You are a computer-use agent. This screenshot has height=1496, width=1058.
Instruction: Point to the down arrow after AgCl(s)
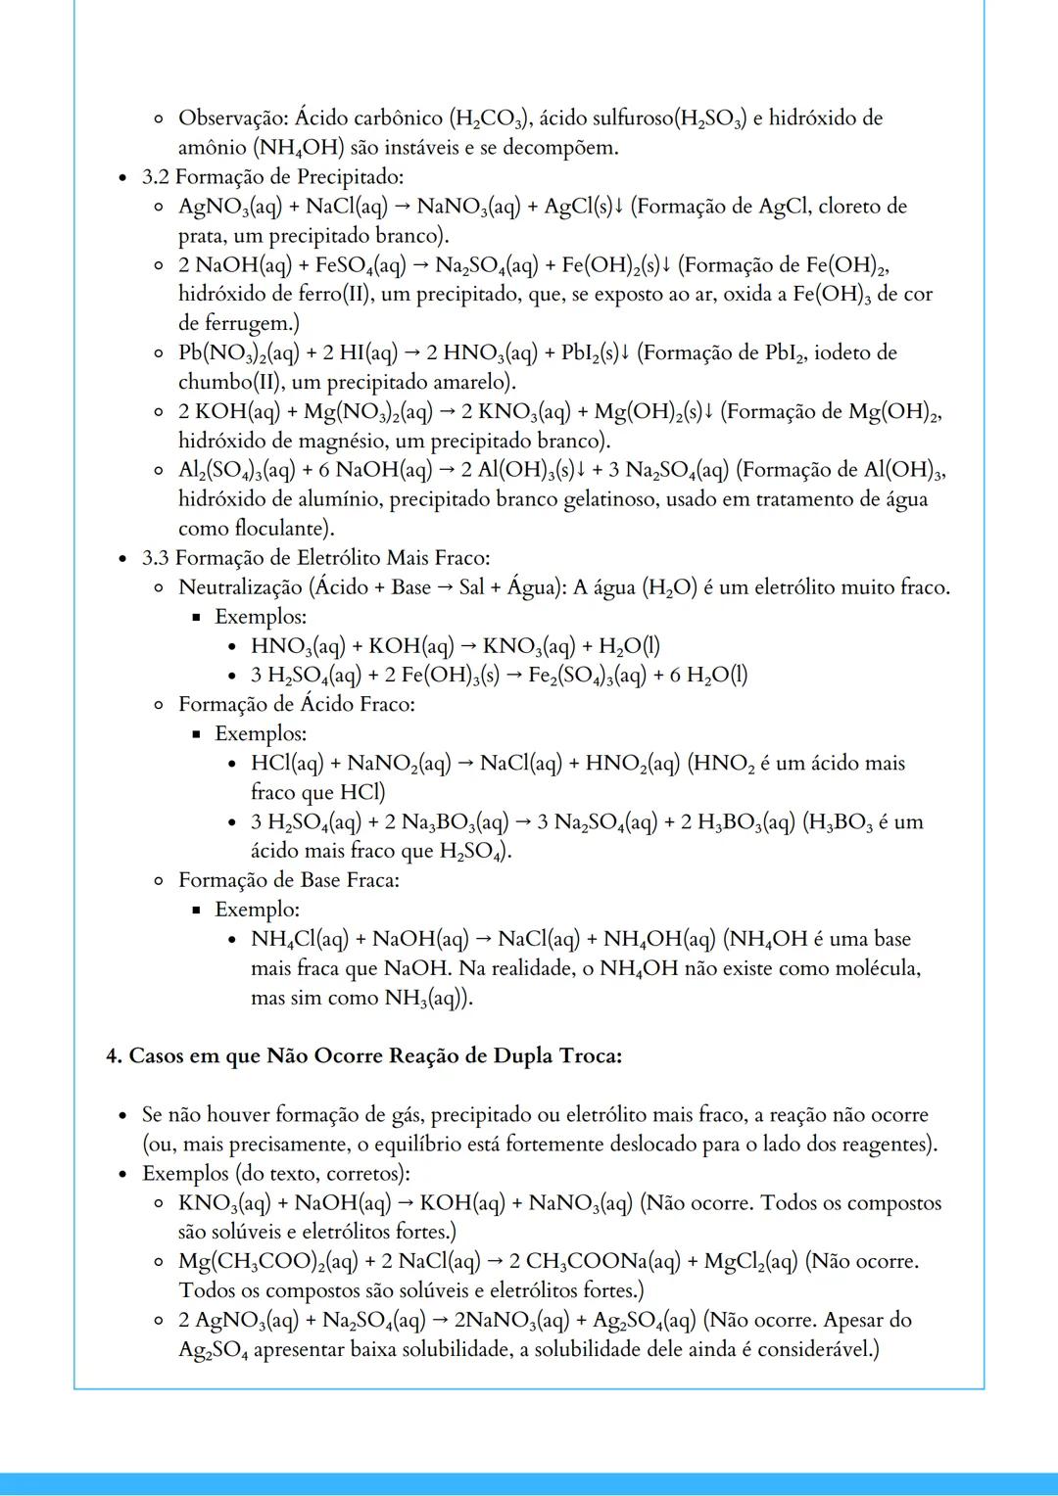[618, 207]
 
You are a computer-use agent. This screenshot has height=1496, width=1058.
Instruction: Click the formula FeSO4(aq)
[361, 265]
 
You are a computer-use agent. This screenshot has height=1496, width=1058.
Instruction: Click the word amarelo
[474, 382]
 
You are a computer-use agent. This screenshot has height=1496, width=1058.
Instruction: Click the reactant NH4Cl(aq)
[300, 940]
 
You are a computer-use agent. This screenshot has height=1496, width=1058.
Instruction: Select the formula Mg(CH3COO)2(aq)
[267, 1262]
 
